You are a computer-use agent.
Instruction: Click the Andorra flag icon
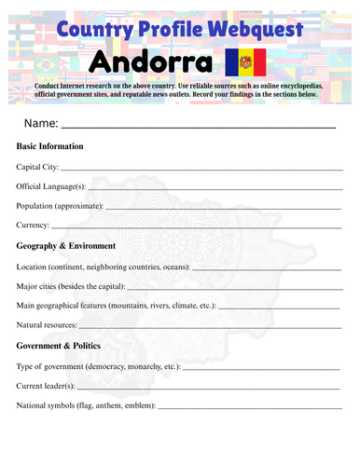246,63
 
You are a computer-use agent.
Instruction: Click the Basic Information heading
50,146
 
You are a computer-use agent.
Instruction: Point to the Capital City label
38,167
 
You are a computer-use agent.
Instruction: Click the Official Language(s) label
51,186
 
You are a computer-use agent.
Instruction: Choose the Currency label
33,226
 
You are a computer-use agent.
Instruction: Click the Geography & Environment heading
66,246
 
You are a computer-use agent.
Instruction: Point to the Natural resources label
47,325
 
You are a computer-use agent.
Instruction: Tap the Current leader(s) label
47,386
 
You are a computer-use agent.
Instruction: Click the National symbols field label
86,405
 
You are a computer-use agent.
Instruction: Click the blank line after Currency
196,228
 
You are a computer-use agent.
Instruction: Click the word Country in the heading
90,30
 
